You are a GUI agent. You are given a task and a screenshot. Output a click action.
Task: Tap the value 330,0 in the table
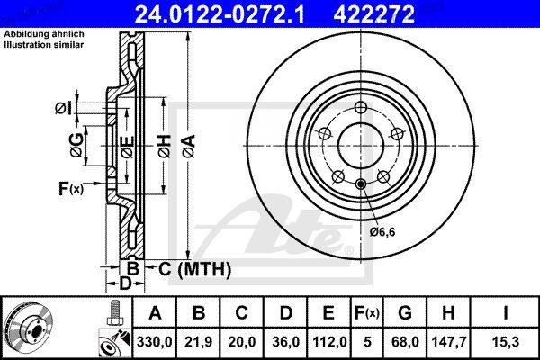click(x=155, y=341)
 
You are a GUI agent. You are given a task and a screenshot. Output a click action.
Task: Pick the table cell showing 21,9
click(x=199, y=341)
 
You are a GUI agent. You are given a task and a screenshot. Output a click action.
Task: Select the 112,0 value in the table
click(x=329, y=341)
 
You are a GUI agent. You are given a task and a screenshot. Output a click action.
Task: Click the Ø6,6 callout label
click(x=382, y=231)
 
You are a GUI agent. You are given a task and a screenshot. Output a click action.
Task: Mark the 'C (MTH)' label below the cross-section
click(x=194, y=268)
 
